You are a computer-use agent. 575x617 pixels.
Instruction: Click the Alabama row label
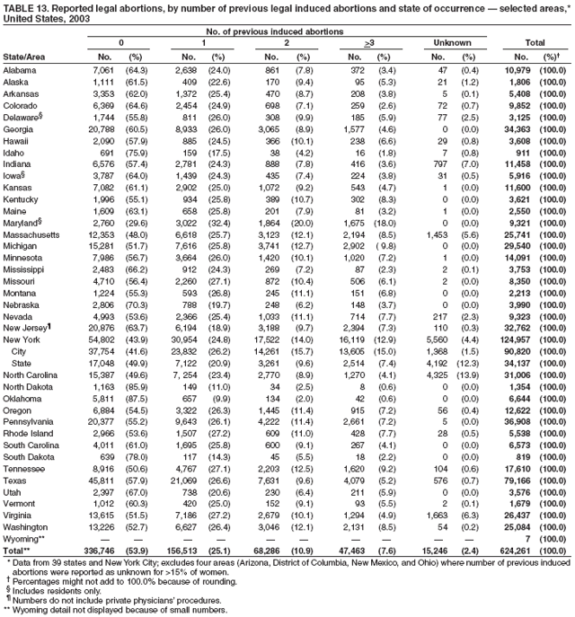tap(20, 70)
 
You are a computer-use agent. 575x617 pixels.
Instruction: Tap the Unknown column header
tap(447, 42)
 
